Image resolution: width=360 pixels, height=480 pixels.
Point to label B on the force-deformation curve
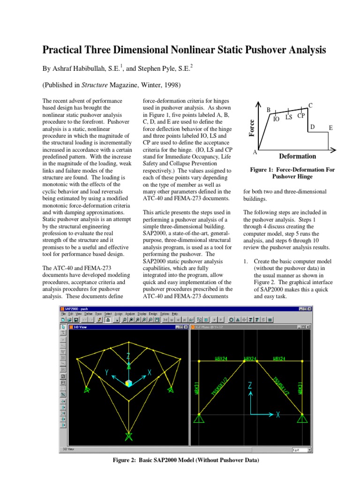tap(269, 110)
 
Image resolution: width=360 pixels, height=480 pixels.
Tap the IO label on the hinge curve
tap(277, 119)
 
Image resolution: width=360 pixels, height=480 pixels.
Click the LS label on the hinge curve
tap(289, 117)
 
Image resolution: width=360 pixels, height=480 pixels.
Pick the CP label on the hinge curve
tap(301, 115)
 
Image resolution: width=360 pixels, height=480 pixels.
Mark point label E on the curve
tap(330, 127)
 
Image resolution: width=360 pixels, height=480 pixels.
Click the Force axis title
tap(252, 128)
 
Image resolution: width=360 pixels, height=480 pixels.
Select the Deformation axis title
tap(297, 156)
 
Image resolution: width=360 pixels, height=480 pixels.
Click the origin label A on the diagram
tap(255, 153)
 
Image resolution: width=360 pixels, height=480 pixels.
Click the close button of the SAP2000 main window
tap(315, 309)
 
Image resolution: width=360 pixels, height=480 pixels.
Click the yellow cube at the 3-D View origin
tap(128, 383)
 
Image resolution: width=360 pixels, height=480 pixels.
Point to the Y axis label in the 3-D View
tap(107, 372)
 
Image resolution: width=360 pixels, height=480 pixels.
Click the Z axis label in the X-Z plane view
tap(250, 385)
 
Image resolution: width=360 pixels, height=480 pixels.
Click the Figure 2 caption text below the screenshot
tap(180, 460)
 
